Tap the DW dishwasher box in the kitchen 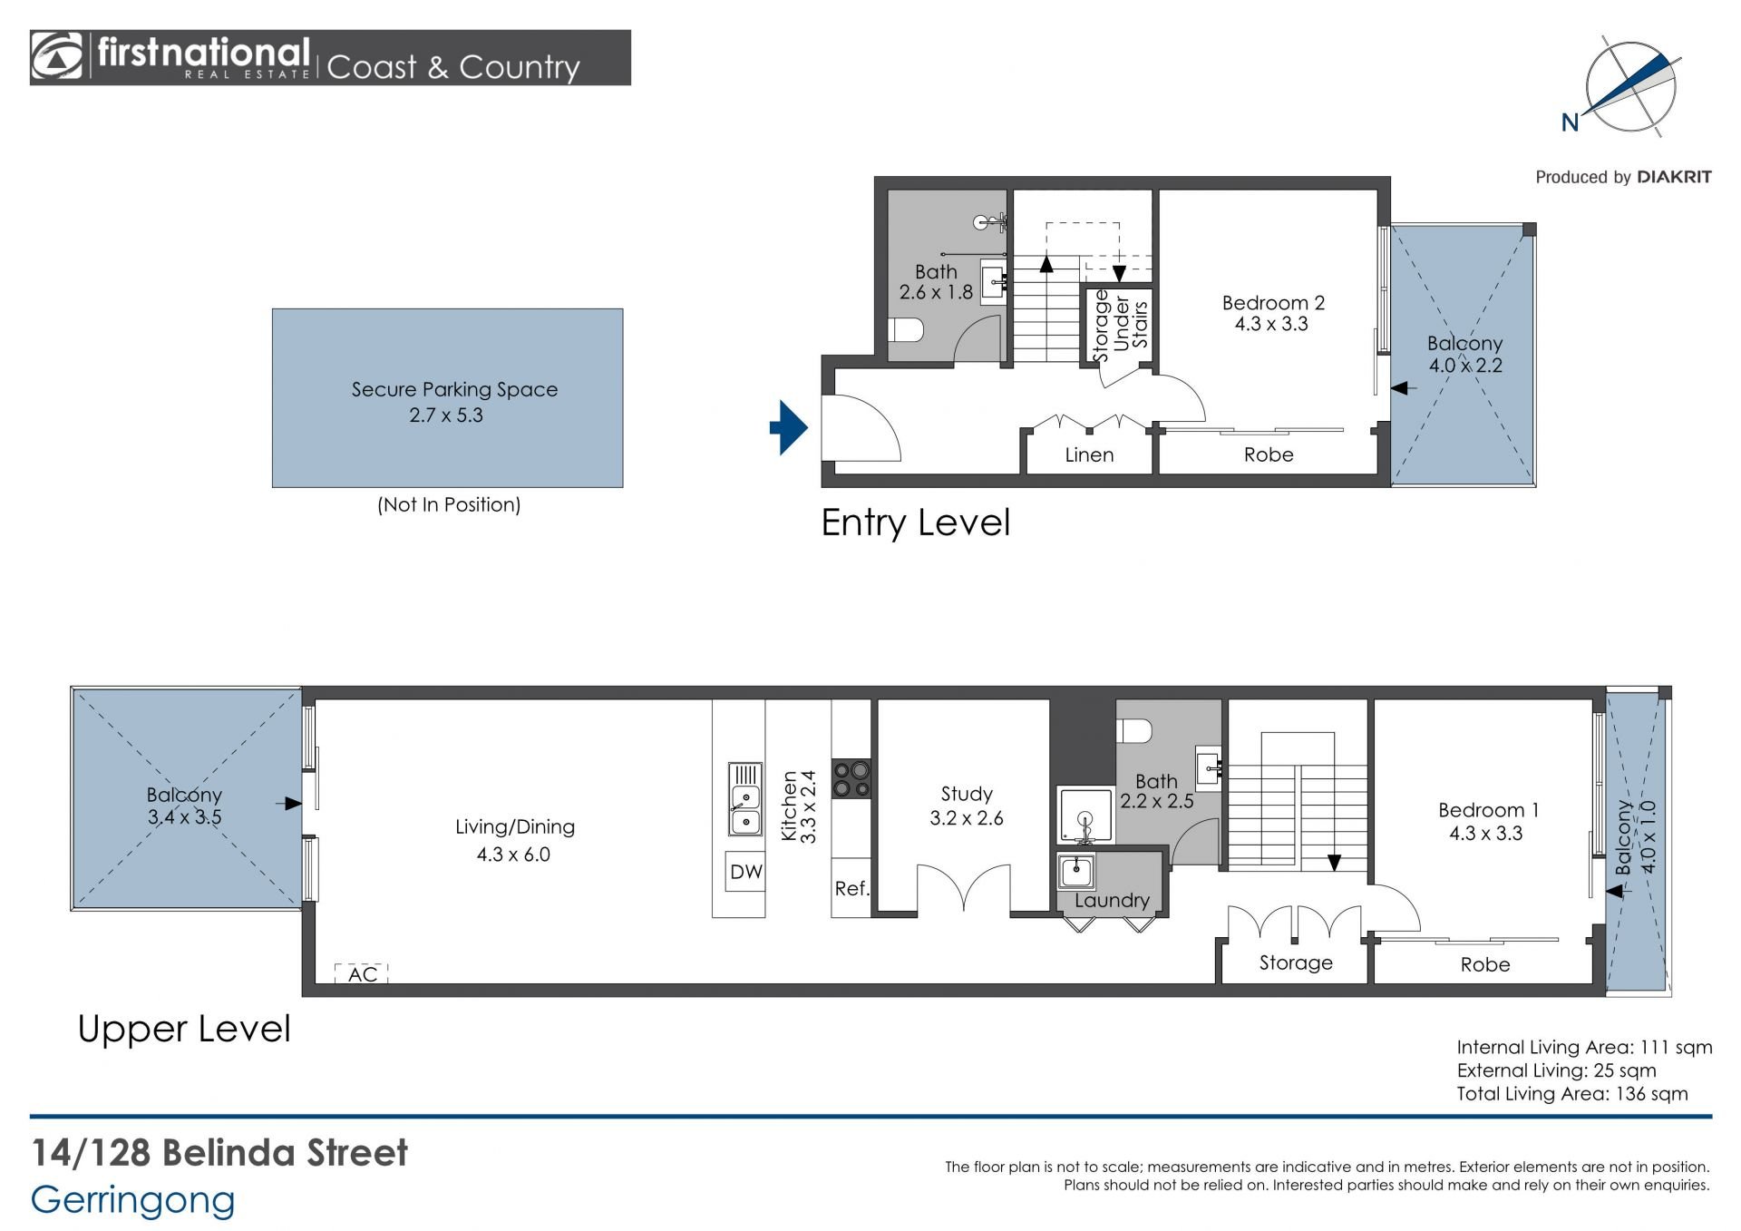[x=745, y=872]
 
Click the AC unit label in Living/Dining [x=362, y=974]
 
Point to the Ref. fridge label [x=851, y=888]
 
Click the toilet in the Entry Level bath [x=905, y=328]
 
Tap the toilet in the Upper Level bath [x=1134, y=730]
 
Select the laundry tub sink [x=1076, y=872]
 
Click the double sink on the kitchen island [x=745, y=799]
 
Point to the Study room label [x=967, y=794]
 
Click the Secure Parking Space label [x=454, y=389]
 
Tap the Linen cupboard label [x=1089, y=454]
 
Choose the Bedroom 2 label [x=1273, y=303]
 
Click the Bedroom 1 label [x=1488, y=810]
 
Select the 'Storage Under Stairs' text [x=1121, y=325]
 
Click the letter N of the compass [x=1570, y=122]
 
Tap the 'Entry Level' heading [x=915, y=523]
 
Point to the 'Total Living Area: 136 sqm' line [x=1572, y=1093]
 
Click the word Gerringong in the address [x=132, y=1200]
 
